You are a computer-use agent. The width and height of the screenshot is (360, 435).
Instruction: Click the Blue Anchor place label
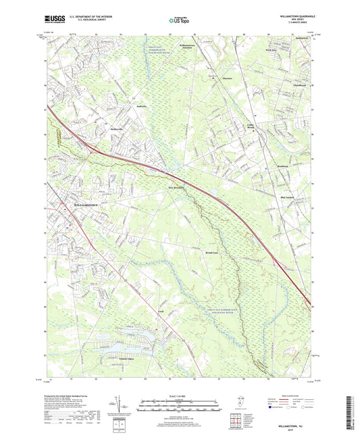pyautogui.click(x=288, y=197)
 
